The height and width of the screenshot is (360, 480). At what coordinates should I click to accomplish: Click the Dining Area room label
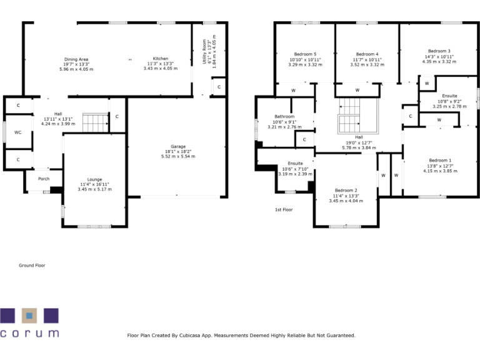point(76,59)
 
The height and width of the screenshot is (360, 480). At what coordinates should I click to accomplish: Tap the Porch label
point(44,179)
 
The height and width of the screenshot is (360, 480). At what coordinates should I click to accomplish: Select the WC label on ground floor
point(18,132)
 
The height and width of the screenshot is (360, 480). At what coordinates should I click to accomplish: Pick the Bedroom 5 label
point(305,54)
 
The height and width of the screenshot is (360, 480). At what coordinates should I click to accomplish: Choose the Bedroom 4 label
point(367,54)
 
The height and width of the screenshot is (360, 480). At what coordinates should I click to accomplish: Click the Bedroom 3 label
point(439,51)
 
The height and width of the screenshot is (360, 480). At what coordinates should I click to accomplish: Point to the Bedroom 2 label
point(346,191)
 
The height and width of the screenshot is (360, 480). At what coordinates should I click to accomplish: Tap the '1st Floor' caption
point(284,210)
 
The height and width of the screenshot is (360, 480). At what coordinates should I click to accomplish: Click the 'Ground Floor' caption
point(32,266)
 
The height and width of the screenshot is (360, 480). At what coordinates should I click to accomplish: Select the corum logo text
point(29,334)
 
